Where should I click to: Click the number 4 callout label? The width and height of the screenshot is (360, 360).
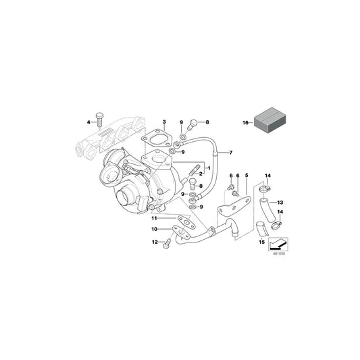tap(88, 122)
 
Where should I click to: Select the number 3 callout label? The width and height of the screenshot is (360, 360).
tap(163, 121)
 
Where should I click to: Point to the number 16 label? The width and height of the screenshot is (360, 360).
tap(246, 122)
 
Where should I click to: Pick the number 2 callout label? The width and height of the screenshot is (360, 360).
tap(201, 174)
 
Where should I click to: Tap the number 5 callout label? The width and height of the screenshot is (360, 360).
tap(246, 176)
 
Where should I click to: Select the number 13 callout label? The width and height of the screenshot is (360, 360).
tap(281, 202)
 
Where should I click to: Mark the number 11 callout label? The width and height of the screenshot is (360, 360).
tap(153, 218)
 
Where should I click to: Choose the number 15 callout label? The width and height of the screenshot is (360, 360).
tap(260, 240)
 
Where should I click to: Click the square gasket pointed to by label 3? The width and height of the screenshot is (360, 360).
tap(159, 143)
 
